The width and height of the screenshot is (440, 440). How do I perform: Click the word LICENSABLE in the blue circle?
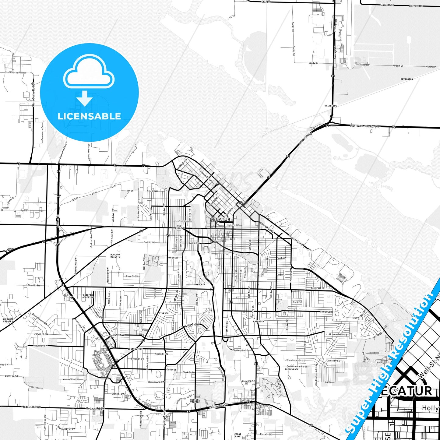pyautogui.click(x=89, y=116)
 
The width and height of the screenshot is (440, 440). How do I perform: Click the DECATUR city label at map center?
pyautogui.click(x=220, y=219)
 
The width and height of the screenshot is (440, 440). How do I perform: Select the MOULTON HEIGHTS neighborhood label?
pyautogui.click(x=115, y=255)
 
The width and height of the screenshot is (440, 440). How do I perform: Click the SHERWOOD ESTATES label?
pyautogui.click(x=8, y=320)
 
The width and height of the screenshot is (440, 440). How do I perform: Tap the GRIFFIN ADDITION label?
pyautogui.click(x=88, y=296)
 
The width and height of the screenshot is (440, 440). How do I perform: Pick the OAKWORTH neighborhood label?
pyautogui.click(x=200, y=284)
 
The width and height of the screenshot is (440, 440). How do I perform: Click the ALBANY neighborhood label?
pyautogui.click(x=282, y=258)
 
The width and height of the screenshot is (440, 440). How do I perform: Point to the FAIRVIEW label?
pyautogui.click(x=259, y=321)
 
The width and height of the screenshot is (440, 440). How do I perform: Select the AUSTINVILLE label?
pyautogui.click(x=135, y=349)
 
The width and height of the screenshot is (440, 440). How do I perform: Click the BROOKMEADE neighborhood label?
pyautogui.click(x=291, y=369)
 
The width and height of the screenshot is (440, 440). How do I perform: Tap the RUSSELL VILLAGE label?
pyautogui.click(x=195, y=401)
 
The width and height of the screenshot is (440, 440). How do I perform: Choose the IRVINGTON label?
pyautogui.click(x=407, y=79)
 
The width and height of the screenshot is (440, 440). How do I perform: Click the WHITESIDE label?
pyautogui.click(x=331, y=106)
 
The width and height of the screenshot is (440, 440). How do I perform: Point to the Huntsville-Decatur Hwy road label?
pyautogui.click(x=365, y=126)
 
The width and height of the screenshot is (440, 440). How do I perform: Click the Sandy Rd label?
pyautogui.click(x=313, y=63)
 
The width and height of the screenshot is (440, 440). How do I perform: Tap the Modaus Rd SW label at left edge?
pyautogui.click(x=31, y=407)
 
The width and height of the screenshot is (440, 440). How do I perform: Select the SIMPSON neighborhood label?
pyautogui.click(x=164, y=313)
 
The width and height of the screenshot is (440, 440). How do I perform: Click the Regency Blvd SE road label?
pyautogui.click(x=359, y=315)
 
